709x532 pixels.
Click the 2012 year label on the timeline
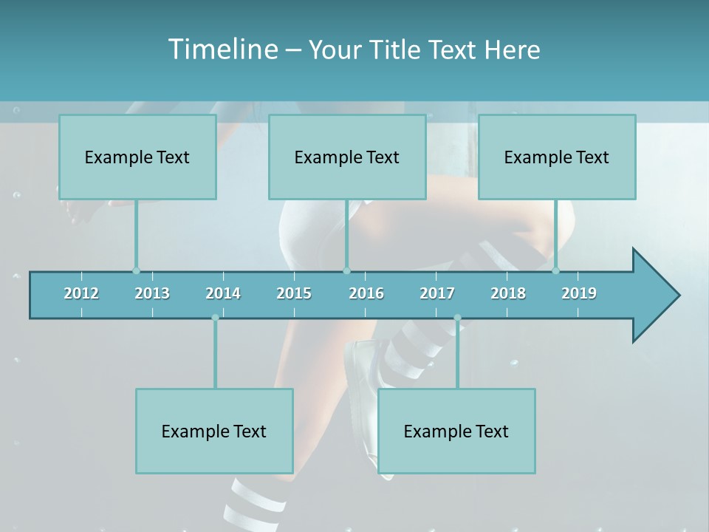coord(81,293)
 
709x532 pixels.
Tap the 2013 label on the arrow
coord(152,293)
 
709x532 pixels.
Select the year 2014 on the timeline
coord(223,293)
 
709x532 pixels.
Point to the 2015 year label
coord(294,293)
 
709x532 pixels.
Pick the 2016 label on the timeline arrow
coord(366,293)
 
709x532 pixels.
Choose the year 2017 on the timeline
coord(437,293)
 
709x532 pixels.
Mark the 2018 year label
coord(508,293)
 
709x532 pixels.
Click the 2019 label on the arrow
coord(579,293)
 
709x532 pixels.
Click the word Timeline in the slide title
coord(222,50)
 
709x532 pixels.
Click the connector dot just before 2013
coord(136,270)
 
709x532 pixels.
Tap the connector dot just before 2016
coord(346,270)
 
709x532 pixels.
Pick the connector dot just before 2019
coord(556,270)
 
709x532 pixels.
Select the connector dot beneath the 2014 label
coord(215,318)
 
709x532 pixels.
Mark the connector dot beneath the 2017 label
coord(457,318)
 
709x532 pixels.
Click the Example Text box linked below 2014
coord(214,431)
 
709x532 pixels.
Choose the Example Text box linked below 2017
coord(456,431)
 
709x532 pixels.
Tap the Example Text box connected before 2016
coord(347,157)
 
